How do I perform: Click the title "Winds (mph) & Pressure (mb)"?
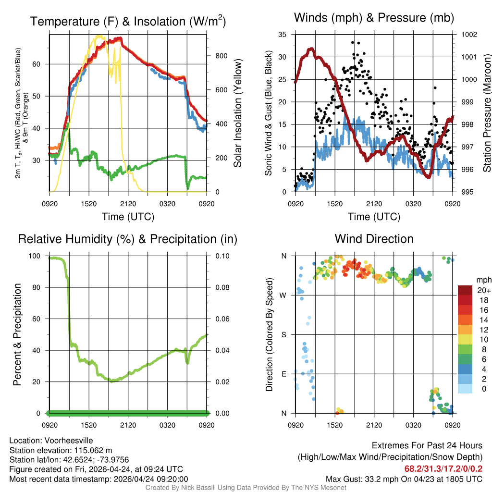pyautogui.click(x=374, y=18)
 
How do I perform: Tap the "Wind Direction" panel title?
pyautogui.click(x=374, y=239)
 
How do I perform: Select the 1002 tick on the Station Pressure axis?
pyautogui.click(x=468, y=35)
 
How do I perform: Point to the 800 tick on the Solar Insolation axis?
pyautogui.click(x=221, y=56)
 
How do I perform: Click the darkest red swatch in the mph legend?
pyautogui.click(x=465, y=290)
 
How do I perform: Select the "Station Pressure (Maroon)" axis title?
pyautogui.click(x=486, y=113)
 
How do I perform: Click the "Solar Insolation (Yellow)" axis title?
pyautogui.click(x=237, y=113)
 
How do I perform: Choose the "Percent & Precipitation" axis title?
pyautogui.click(x=17, y=334)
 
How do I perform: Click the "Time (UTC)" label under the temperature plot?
pyautogui.click(x=128, y=217)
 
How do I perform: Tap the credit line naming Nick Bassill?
pyautogui.click(x=246, y=488)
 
